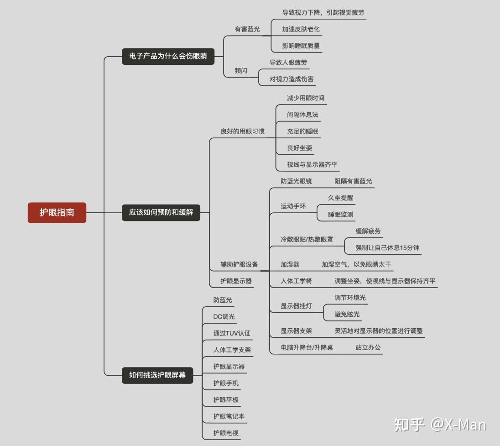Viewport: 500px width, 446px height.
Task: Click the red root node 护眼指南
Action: [57, 212]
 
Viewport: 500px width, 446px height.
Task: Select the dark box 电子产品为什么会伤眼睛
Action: [168, 57]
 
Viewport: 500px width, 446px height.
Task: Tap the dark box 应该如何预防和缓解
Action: [161, 212]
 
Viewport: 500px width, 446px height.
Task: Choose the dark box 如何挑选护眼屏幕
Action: [157, 375]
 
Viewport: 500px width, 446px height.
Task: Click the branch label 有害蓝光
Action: [247, 29]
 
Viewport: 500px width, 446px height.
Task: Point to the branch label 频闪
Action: [241, 71]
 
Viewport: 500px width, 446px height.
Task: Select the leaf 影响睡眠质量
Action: [301, 46]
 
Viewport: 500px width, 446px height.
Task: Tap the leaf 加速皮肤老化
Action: [301, 29]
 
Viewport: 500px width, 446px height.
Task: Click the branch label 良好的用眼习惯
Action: [242, 131]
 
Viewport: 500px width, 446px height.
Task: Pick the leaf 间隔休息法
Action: [302, 115]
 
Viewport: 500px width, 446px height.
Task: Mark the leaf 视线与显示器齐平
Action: [312, 165]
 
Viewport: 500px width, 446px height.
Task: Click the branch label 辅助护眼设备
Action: [239, 264]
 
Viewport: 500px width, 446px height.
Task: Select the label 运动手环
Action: [293, 206]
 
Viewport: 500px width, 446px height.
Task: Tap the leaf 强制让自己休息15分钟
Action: [387, 248]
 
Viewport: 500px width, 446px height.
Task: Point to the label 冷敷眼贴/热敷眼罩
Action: [307, 239]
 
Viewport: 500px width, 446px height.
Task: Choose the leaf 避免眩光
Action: [347, 314]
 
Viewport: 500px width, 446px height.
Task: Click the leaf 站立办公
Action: [368, 347]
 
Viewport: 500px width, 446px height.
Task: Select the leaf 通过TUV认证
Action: [232, 333]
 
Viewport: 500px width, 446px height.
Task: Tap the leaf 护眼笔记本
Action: [229, 416]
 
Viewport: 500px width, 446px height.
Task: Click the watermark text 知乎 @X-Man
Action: [440, 425]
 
